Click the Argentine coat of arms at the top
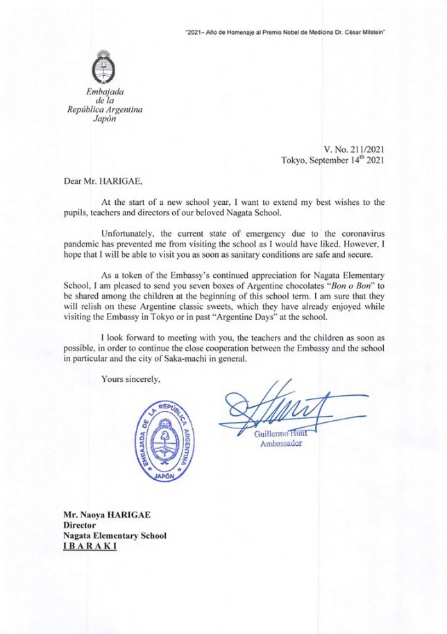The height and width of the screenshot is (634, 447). (x=103, y=68)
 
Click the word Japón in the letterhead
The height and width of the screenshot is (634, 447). (x=103, y=118)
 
